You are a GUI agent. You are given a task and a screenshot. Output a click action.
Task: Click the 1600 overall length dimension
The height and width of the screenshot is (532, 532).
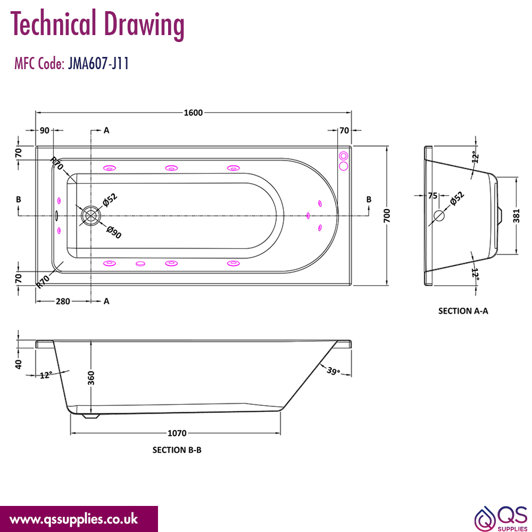click(193, 113)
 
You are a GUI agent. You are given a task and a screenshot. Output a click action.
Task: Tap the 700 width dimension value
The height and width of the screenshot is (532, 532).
click(387, 216)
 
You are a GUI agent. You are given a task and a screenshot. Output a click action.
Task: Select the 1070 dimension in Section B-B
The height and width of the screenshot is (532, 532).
click(177, 433)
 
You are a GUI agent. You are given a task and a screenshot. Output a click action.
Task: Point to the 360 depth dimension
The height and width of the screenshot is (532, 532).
click(91, 378)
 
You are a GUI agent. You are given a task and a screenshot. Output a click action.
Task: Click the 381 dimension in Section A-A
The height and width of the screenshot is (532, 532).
click(516, 216)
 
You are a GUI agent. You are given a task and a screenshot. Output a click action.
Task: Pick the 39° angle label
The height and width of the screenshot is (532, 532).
click(334, 371)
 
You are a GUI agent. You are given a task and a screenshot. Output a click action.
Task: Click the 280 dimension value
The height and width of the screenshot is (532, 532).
click(63, 301)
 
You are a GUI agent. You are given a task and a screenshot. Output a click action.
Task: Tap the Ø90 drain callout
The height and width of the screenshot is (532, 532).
click(114, 232)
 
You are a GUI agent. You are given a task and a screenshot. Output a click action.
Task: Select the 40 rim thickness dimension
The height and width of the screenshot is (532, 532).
click(19, 364)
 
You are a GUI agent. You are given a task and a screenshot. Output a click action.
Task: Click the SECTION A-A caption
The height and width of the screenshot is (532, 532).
click(463, 311)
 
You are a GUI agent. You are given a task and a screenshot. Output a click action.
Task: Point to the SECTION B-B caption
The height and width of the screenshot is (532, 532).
click(177, 450)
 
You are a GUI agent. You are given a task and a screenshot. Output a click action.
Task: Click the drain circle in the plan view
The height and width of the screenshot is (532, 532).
click(91, 215)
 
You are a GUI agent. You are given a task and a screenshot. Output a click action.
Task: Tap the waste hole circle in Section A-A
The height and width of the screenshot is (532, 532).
click(439, 215)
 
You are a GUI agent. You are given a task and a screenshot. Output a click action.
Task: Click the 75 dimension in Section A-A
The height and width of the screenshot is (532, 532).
click(433, 196)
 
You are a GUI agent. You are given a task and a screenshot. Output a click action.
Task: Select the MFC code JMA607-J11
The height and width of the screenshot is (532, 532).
click(98, 63)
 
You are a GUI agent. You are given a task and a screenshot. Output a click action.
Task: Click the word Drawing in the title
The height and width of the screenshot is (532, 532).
click(144, 24)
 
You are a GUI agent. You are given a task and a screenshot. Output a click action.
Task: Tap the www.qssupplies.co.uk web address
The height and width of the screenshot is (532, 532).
click(73, 519)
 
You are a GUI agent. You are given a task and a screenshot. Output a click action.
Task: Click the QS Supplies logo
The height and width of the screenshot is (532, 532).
click(501, 518)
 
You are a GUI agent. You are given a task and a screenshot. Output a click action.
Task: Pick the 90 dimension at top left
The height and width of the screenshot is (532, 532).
click(45, 130)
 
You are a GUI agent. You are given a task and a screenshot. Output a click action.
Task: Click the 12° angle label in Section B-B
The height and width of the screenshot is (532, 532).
click(46, 375)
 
